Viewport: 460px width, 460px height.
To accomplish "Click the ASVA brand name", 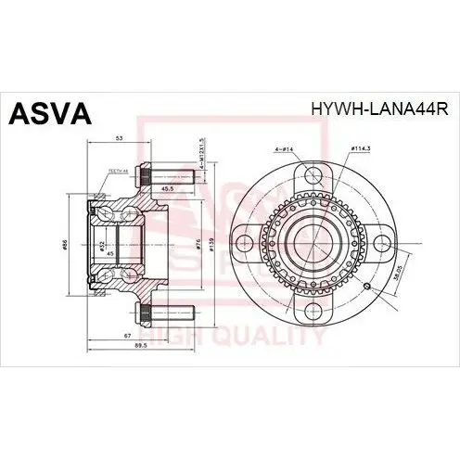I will (50, 113).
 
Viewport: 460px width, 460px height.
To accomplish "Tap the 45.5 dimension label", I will (167, 190).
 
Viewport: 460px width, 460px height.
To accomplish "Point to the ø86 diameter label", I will (79, 244).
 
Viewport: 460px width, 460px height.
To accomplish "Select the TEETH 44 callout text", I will (118, 171).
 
